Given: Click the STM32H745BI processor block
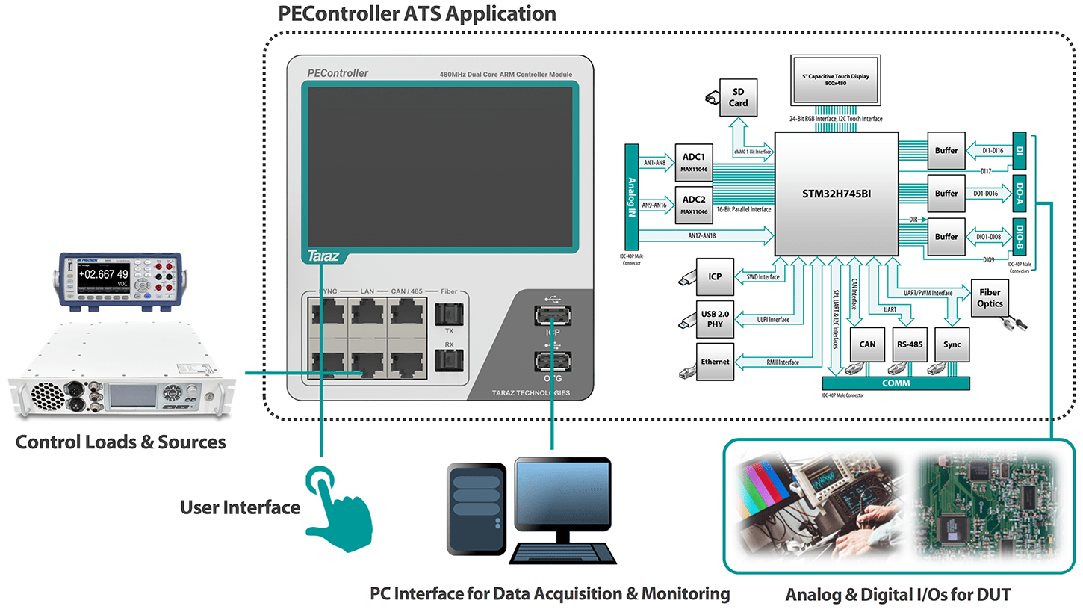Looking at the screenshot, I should pos(835,194).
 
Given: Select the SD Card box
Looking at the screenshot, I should pos(738,97).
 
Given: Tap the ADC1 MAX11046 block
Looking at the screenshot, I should pos(693,162).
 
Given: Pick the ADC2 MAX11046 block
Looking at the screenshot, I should pos(693,205).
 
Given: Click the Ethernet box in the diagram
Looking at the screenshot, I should pos(715,362).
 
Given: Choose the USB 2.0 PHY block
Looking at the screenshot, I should pos(715,319).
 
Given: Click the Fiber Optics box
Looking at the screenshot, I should pos(990,298).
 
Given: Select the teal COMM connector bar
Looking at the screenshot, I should pos(890,383).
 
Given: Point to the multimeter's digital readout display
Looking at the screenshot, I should pos(103,273).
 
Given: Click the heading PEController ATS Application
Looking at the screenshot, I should pos(417,13).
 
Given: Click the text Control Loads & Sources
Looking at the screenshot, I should pos(121,442).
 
